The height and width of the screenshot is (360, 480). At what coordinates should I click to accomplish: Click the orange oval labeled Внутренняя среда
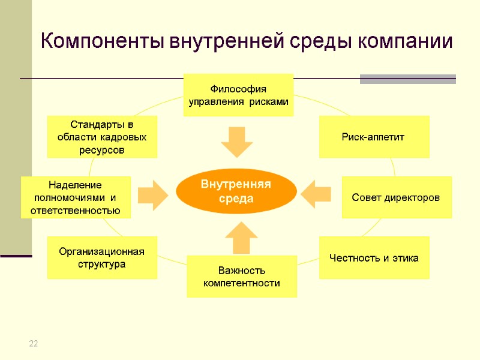pyautogui.click(x=236, y=191)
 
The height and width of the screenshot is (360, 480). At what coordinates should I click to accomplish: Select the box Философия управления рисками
pyautogui.click(x=238, y=95)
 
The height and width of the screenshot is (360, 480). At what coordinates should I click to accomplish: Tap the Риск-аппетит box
pyautogui.click(x=374, y=137)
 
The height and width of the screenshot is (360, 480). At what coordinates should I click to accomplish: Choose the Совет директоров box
pyautogui.click(x=397, y=197)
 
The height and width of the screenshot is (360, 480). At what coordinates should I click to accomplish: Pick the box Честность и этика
pyautogui.click(x=374, y=258)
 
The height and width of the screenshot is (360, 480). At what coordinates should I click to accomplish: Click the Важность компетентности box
pyautogui.click(x=242, y=277)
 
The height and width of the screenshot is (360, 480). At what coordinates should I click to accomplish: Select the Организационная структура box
pyautogui.click(x=101, y=257)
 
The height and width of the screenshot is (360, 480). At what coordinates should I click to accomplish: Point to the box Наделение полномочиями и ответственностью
pyautogui.click(x=76, y=197)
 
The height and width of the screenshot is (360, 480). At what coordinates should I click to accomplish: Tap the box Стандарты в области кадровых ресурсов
pyautogui.click(x=101, y=137)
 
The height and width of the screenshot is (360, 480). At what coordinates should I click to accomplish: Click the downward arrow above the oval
pyautogui.click(x=236, y=142)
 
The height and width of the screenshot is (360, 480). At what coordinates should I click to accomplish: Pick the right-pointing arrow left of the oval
pyautogui.click(x=152, y=194)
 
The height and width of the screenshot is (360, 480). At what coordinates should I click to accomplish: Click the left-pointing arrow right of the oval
pyautogui.click(x=316, y=193)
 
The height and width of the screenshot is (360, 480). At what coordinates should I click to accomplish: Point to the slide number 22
pyautogui.click(x=34, y=343)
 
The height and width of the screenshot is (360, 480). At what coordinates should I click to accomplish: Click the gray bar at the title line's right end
pyautogui.click(x=407, y=79)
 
